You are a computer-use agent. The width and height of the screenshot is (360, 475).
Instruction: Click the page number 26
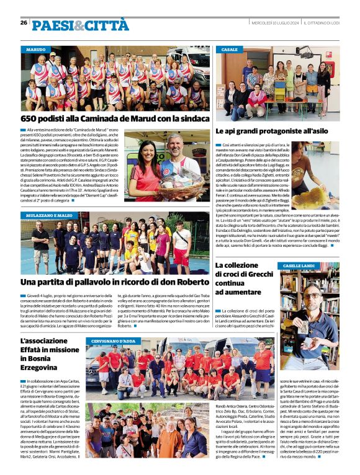(24, 22)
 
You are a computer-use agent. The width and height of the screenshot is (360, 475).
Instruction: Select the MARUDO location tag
(36, 48)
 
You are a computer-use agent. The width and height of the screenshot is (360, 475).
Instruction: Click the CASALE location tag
(230, 49)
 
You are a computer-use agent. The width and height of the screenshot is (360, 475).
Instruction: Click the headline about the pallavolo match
(114, 282)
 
